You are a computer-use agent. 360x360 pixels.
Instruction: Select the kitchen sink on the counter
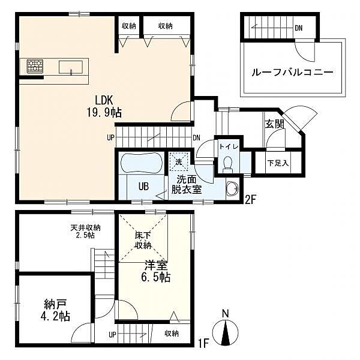click(71, 66)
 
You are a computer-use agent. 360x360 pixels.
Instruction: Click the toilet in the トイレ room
click(227, 163)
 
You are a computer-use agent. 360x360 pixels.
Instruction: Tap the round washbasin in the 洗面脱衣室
click(231, 191)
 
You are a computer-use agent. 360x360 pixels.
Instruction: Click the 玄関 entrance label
click(274, 124)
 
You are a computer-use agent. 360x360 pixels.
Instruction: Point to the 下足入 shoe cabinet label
click(278, 162)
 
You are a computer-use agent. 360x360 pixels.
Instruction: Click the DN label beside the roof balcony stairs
click(298, 28)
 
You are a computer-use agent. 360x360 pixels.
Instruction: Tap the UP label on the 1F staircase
click(112, 334)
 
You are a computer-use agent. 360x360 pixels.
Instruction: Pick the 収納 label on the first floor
click(172, 334)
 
